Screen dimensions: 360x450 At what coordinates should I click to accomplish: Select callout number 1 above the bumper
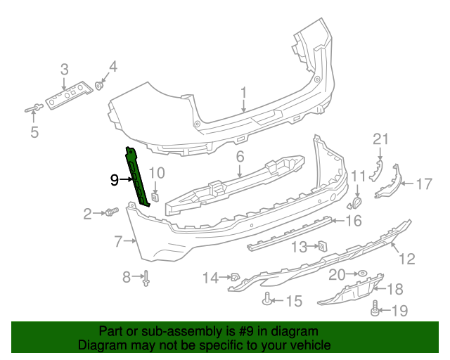(243, 92)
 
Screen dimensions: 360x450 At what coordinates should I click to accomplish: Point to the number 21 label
(380, 139)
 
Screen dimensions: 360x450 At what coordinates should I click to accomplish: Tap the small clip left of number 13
(321, 246)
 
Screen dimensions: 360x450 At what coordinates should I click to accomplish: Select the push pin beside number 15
(268, 300)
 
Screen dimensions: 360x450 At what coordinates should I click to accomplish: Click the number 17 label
(423, 184)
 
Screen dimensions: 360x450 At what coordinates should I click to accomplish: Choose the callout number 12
(407, 259)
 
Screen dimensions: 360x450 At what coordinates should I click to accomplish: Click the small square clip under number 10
(156, 196)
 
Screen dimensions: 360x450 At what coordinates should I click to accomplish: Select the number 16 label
(353, 221)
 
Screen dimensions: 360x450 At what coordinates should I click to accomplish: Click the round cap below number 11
(355, 204)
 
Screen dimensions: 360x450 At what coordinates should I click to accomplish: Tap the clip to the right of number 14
(235, 278)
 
